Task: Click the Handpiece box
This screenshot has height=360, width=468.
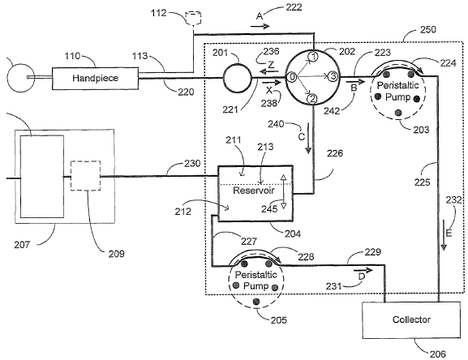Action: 95,78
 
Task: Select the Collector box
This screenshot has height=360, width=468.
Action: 411,319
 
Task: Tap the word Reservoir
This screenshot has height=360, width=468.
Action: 253,191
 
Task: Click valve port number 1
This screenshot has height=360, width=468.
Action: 313,56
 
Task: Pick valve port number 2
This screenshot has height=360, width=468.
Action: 312,99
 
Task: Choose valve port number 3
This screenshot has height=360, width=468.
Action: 333,76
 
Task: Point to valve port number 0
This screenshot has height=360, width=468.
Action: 292,77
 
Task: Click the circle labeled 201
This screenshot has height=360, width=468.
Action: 238,78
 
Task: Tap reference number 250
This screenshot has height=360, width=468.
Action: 428,29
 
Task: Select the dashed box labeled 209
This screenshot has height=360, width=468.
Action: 85,176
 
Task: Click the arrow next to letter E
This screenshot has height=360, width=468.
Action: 444,235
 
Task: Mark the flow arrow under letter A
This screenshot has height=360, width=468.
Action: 260,27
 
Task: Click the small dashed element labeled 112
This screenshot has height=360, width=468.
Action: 193,18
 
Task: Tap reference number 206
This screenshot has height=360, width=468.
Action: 437,354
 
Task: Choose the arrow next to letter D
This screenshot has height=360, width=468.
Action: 363,271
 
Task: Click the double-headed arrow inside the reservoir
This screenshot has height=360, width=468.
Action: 284,191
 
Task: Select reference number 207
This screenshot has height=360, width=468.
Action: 22,245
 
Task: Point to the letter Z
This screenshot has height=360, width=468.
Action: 271,65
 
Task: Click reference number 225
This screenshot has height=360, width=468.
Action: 422,182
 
